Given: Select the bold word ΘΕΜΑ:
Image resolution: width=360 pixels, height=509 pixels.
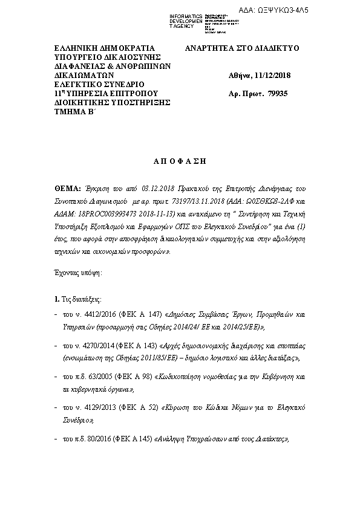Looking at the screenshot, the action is click(67, 187).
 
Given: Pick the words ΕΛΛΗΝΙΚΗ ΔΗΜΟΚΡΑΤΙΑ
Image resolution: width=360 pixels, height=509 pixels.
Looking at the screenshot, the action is click(96, 48).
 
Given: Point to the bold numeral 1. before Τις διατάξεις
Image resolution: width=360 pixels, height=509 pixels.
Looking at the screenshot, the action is click(56, 299).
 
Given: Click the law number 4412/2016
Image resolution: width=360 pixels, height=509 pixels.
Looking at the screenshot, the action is click(88, 315).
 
